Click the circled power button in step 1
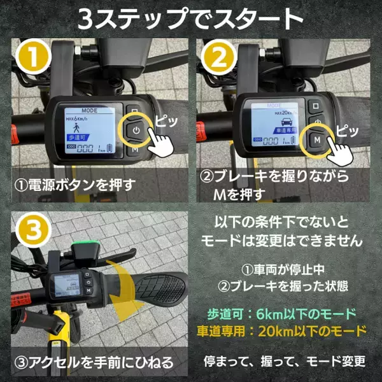coord(136,131)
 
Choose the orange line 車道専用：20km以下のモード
coord(284,331)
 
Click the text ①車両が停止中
coord(284,268)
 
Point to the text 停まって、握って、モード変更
coord(284,362)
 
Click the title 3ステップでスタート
coord(191,19)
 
